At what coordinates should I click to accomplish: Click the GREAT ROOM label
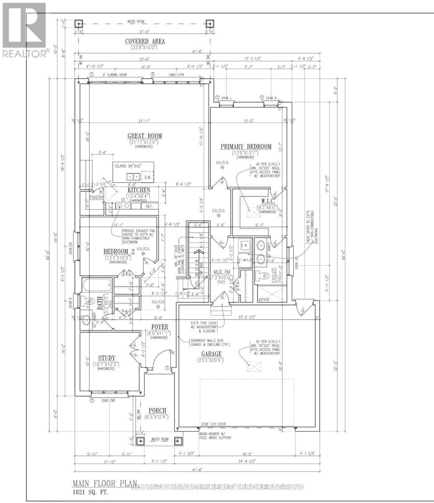tap(145, 136)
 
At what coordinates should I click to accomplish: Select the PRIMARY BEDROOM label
tap(246, 147)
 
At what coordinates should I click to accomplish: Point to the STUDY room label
tap(107, 358)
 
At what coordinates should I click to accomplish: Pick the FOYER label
tap(160, 327)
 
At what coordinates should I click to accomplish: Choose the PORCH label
tap(157, 410)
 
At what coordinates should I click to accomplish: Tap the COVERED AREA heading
tap(145, 41)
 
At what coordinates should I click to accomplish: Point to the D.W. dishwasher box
tap(147, 177)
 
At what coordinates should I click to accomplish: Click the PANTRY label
tap(96, 197)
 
